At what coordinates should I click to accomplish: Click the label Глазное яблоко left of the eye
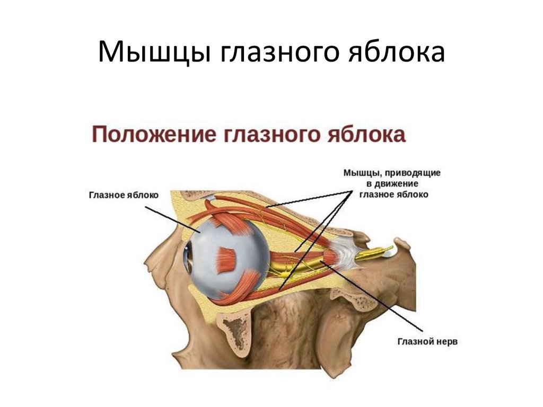pos(123,195)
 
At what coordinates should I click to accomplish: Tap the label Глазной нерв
pos(427,342)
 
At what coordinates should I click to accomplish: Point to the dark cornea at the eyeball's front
pos(188,258)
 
